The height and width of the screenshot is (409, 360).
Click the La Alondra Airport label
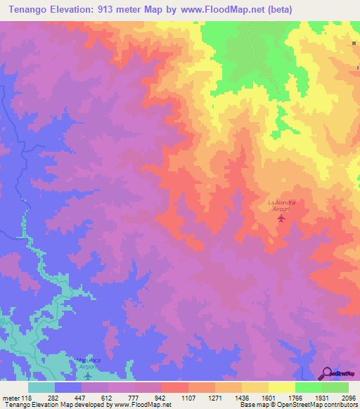click(280, 204)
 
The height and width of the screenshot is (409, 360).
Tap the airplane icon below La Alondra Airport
click(282, 219)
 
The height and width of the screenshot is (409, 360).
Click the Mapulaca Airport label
click(86, 363)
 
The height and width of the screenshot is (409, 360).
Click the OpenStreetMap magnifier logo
click(326, 373)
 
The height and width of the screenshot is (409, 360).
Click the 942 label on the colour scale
click(160, 397)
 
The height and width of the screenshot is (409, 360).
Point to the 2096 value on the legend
click(347, 397)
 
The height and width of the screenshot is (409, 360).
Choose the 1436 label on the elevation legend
click(240, 397)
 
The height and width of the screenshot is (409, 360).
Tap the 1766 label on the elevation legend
click(295, 397)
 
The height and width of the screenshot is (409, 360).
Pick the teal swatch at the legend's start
click(41, 387)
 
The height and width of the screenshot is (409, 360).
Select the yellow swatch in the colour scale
click(281, 387)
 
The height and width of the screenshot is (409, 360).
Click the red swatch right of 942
click(174, 387)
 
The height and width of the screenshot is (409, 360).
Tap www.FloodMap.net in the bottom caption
click(141, 405)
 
